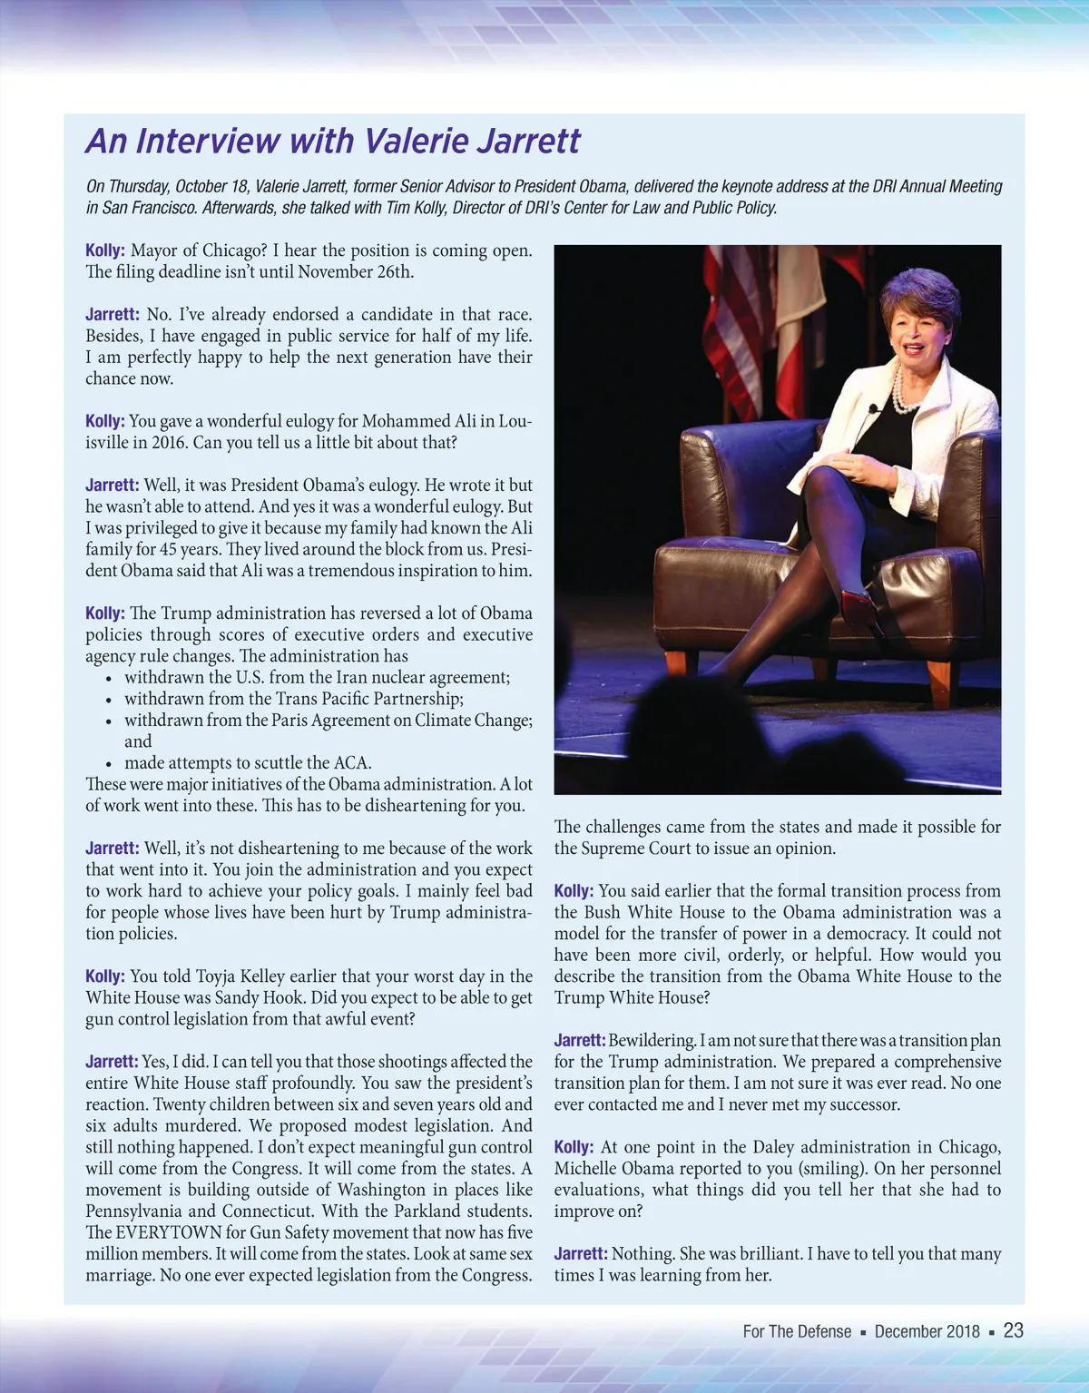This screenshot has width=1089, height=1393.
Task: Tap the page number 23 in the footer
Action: click(x=1014, y=1330)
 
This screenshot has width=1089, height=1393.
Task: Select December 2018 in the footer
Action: click(x=927, y=1331)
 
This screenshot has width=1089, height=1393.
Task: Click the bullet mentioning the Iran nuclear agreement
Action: click(x=317, y=677)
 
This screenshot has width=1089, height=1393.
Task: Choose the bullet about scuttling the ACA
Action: click(x=248, y=762)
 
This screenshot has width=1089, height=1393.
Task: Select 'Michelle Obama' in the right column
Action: click(x=614, y=1168)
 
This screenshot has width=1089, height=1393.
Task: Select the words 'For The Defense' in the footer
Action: click(x=797, y=1331)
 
